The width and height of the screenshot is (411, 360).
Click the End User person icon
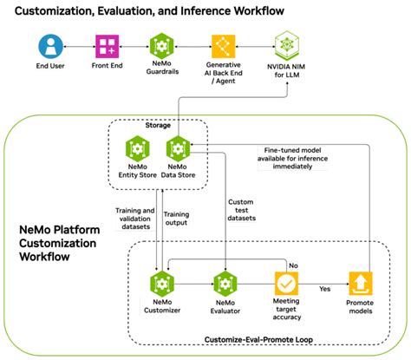pyautogui.click(x=51, y=46)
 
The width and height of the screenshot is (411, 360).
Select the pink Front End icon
pyautogui.click(x=107, y=46)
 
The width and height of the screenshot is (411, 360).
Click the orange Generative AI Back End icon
pyautogui.click(x=223, y=46)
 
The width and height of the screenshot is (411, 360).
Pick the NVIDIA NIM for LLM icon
pyautogui.click(x=287, y=43)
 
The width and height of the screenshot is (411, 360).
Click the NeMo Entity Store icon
pyautogui.click(x=138, y=150)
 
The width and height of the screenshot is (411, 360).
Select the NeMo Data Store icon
pyautogui.click(x=178, y=150)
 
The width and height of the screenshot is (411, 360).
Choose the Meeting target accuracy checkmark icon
pyautogui.click(x=287, y=284)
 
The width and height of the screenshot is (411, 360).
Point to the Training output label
pyautogui.click(x=178, y=219)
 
